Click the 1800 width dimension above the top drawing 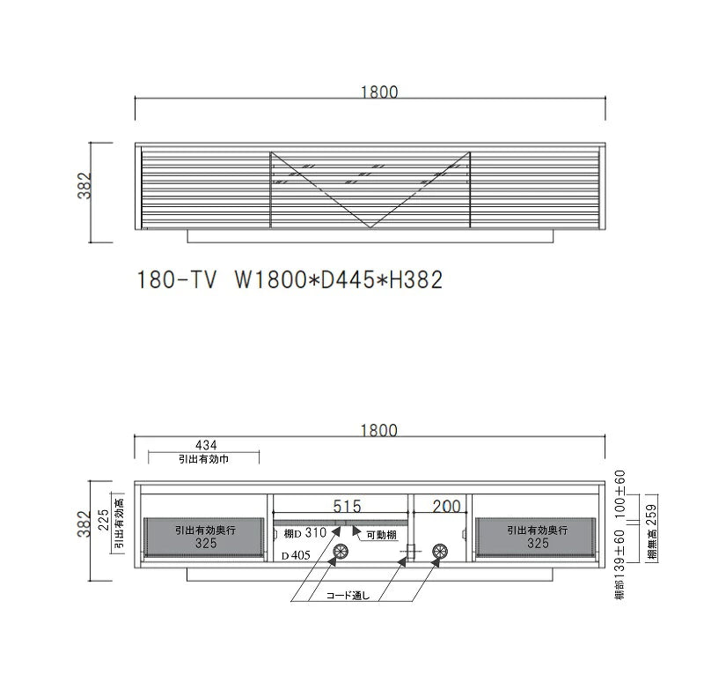pyautogui.click(x=379, y=93)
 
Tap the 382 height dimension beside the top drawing pyautogui.click(x=84, y=186)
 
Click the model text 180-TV pyautogui.click(x=177, y=279)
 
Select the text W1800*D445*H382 pyautogui.click(x=339, y=279)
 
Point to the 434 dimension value pyautogui.click(x=206, y=445)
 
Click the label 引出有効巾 pyautogui.click(x=204, y=459)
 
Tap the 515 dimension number pyautogui.click(x=347, y=507)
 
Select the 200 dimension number pyautogui.click(x=447, y=507)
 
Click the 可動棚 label pyautogui.click(x=382, y=535)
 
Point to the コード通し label pyautogui.click(x=348, y=596)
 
